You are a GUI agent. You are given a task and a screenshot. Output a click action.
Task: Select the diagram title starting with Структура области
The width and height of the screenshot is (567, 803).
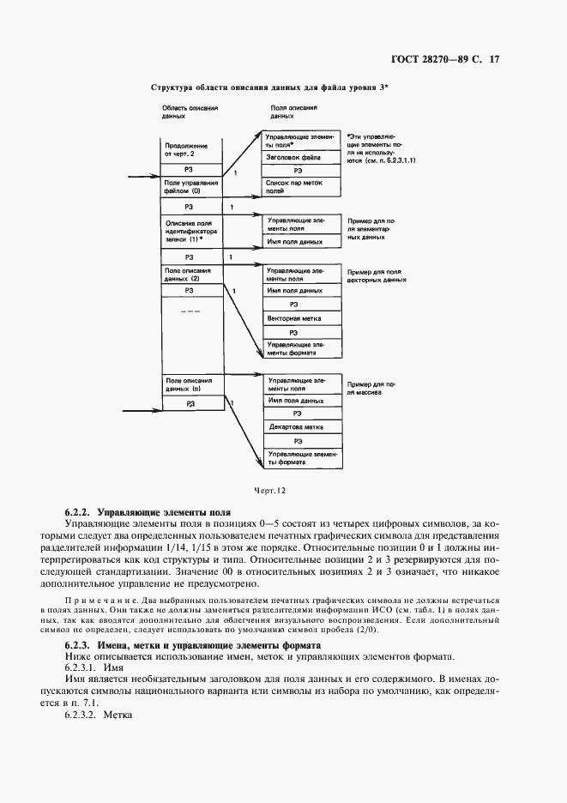[269, 88]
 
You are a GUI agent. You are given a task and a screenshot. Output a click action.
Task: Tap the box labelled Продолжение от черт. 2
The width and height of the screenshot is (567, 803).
[190, 150]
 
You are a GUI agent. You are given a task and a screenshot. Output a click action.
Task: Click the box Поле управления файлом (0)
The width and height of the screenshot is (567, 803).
[190, 188]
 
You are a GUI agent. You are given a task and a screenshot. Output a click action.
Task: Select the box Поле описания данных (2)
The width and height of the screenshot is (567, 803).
[190, 275]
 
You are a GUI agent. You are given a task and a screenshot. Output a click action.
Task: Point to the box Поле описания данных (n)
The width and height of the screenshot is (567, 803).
[190, 383]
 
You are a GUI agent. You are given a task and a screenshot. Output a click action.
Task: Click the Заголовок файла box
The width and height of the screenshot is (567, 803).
[294, 158]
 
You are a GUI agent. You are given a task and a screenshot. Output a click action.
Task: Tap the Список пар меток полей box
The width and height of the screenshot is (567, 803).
[294, 189]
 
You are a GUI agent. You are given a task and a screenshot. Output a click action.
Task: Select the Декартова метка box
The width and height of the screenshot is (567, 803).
[294, 426]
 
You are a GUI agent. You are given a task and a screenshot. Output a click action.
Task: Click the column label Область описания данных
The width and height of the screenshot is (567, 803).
[190, 112]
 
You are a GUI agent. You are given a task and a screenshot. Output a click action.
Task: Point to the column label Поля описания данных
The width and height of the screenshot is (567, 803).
[293, 112]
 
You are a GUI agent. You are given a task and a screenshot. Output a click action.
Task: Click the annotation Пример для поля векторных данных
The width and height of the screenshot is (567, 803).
[375, 275]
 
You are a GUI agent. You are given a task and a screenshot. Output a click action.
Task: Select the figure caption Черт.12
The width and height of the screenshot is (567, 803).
[268, 490]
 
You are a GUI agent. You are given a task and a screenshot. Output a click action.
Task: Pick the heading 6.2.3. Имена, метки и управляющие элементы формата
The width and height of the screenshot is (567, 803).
[193, 644]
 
